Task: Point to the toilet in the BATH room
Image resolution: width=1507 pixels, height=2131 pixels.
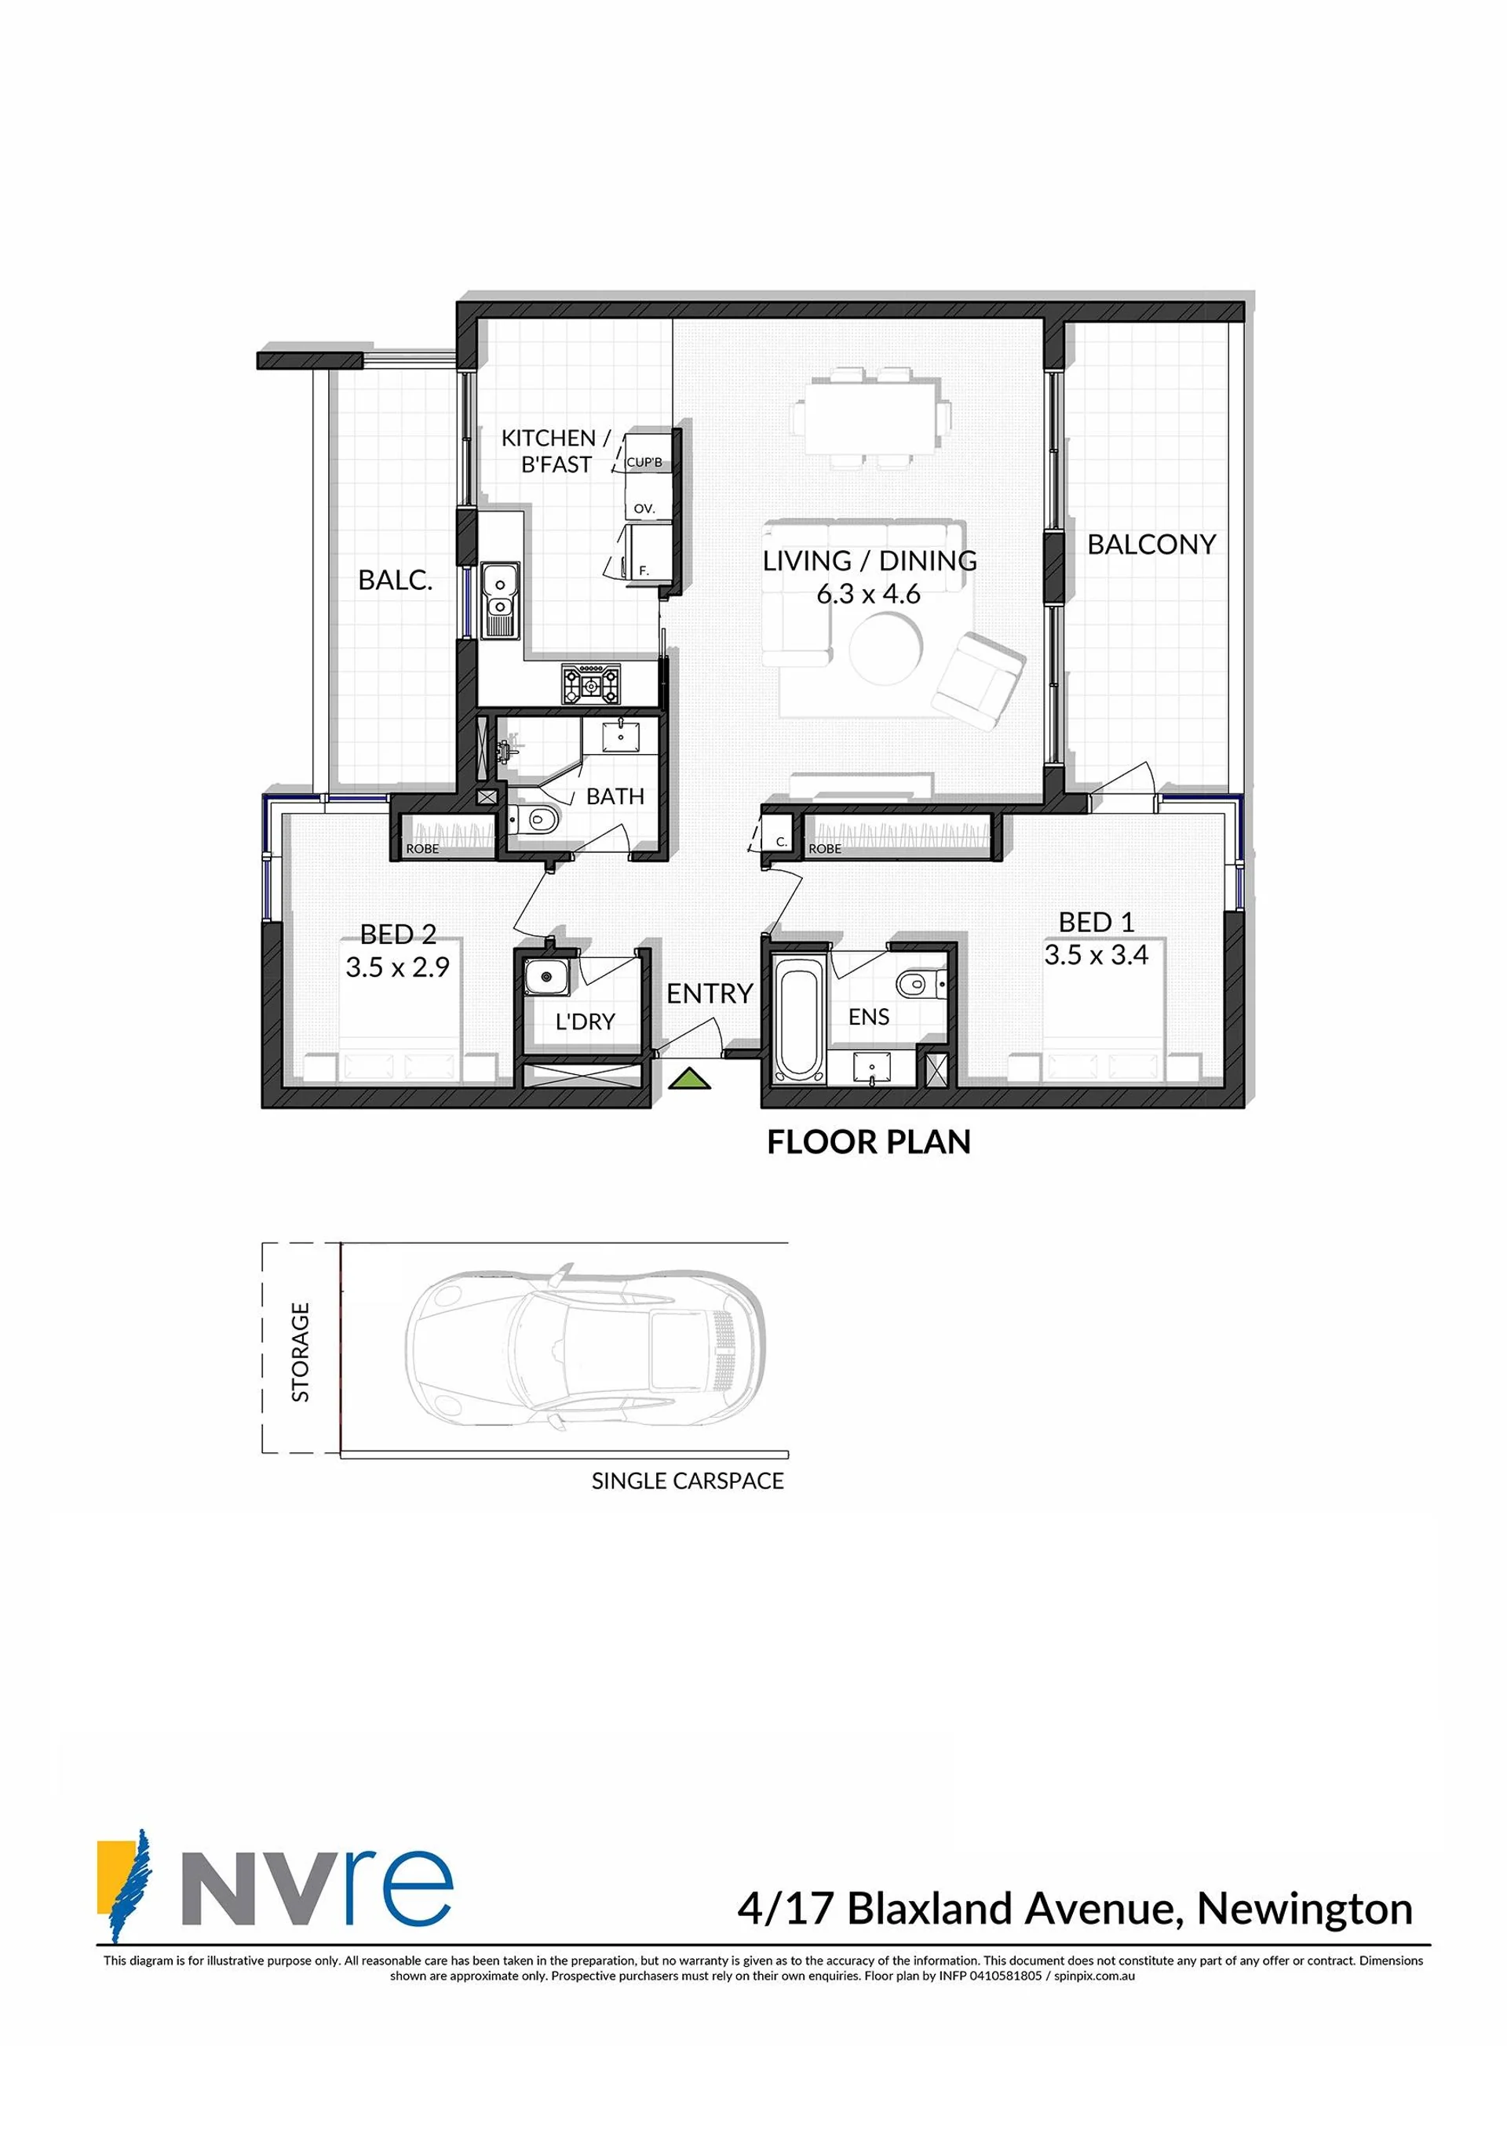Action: (x=536, y=820)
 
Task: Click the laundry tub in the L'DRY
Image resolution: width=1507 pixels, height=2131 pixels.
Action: (x=543, y=978)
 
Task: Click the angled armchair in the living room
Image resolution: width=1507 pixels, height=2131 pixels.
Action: (x=979, y=680)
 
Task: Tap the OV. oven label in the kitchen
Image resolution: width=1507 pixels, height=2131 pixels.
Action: (x=644, y=508)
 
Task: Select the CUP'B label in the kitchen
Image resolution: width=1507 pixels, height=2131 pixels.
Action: (x=644, y=462)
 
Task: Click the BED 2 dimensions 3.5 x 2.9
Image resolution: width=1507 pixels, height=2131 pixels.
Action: (x=397, y=967)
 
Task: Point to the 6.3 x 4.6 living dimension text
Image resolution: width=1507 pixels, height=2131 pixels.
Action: (x=868, y=594)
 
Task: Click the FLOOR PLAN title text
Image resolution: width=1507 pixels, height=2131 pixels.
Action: (x=868, y=1142)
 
